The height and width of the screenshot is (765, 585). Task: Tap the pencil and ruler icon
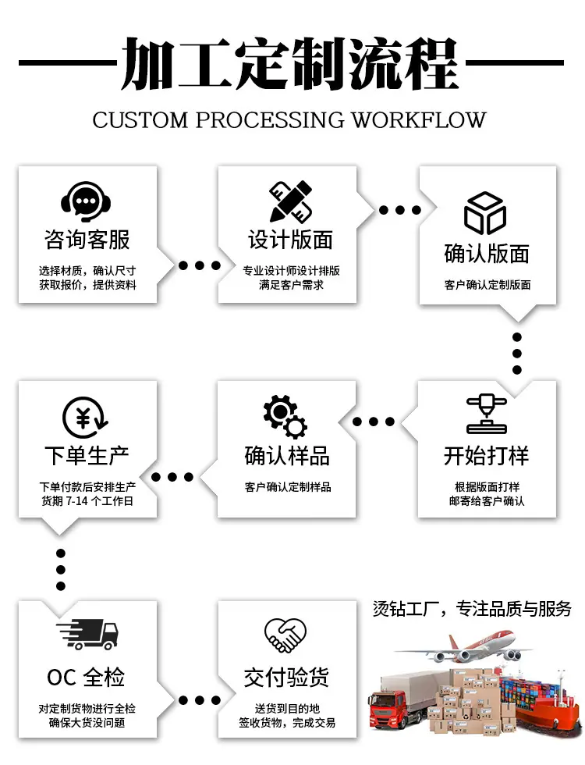click(x=290, y=201)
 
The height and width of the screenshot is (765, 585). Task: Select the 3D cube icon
click(x=485, y=213)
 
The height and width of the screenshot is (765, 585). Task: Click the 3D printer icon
click(x=487, y=414)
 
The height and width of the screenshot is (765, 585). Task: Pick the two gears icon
click(x=285, y=416)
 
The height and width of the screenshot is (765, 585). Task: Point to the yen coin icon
click(x=85, y=418)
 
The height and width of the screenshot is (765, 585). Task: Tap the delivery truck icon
click(x=87, y=634)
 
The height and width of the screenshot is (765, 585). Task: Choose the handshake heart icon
click(x=285, y=635)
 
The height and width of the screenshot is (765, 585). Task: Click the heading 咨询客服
click(x=87, y=240)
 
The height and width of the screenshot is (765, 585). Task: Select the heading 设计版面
click(x=290, y=240)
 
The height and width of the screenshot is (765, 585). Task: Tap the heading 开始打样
click(x=486, y=456)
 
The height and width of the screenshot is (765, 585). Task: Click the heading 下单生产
click(x=87, y=456)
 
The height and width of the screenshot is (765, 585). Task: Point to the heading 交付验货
click(x=286, y=678)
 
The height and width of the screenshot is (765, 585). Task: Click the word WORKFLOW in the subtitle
click(x=419, y=120)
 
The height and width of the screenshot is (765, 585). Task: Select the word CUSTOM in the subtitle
click(x=140, y=120)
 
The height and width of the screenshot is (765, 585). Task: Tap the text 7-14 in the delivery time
click(x=77, y=501)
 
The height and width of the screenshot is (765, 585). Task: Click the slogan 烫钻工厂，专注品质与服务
click(x=472, y=609)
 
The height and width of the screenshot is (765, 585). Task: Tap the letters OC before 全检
click(x=62, y=678)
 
